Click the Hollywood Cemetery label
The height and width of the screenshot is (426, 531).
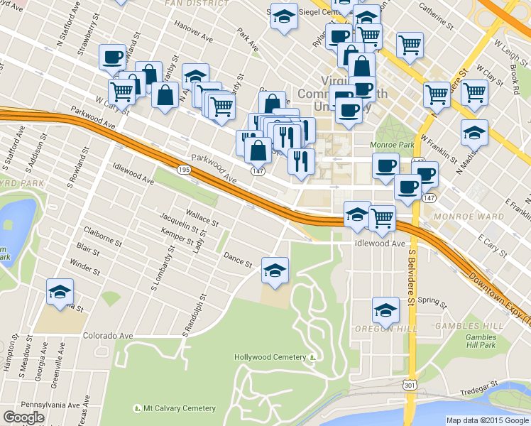pos(270,357)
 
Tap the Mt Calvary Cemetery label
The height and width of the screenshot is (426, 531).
pos(174,408)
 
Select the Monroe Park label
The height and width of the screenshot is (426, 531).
pos(391,145)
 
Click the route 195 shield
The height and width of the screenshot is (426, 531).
pos(184,170)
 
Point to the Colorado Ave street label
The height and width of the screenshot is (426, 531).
pos(108,335)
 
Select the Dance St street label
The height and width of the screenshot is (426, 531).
pos(238,259)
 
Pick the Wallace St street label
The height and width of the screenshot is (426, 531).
pos(201,216)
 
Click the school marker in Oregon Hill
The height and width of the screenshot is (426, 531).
pos(385,310)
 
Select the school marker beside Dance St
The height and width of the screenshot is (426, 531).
pos(275,270)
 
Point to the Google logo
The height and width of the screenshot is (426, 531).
pos(23,418)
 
